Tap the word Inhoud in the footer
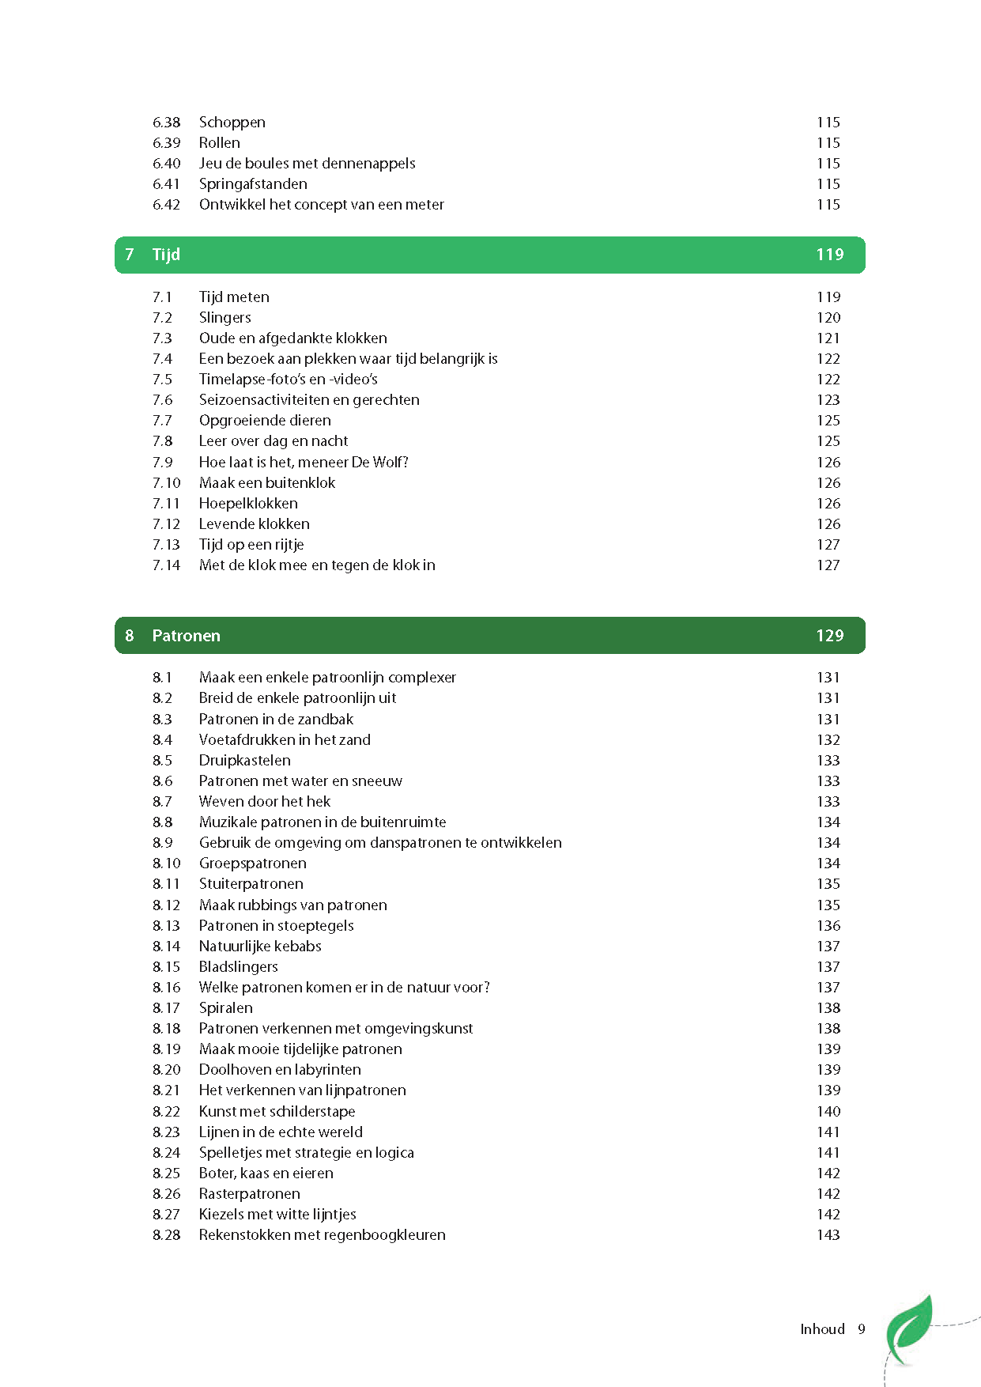click(822, 1329)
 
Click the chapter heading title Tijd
click(166, 255)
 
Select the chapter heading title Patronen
click(186, 636)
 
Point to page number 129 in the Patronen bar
click(830, 636)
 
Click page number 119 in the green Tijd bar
click(830, 255)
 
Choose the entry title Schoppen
click(232, 123)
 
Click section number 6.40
click(166, 164)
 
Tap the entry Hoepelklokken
click(248, 504)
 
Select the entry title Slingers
click(224, 318)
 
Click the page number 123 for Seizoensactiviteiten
click(828, 400)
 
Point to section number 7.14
click(166, 565)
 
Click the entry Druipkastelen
click(244, 761)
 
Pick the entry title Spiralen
click(225, 1008)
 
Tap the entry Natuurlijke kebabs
click(260, 947)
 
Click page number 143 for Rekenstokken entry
click(828, 1235)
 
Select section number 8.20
click(166, 1070)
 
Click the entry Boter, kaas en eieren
click(266, 1173)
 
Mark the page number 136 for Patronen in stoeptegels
click(828, 926)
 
